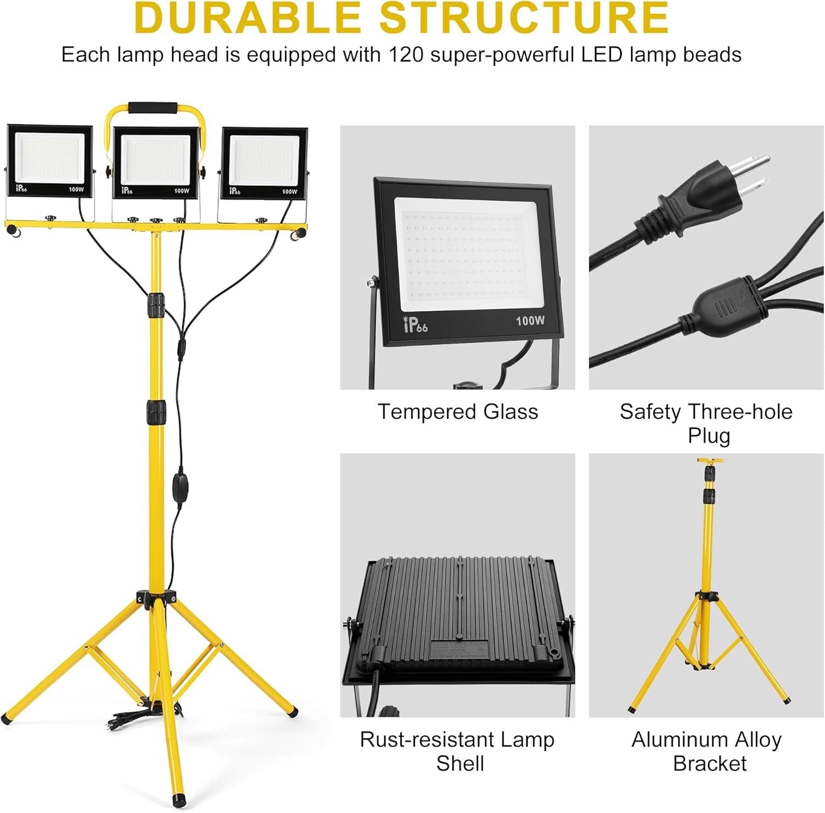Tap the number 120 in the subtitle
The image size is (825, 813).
[406, 55]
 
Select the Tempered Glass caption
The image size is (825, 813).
[458, 412]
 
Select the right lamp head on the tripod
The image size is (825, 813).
[265, 163]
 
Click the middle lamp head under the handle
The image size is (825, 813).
[156, 163]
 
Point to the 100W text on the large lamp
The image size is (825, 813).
[530, 320]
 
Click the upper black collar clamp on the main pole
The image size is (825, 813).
[156, 305]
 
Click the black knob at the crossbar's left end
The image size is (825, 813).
[13, 233]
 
